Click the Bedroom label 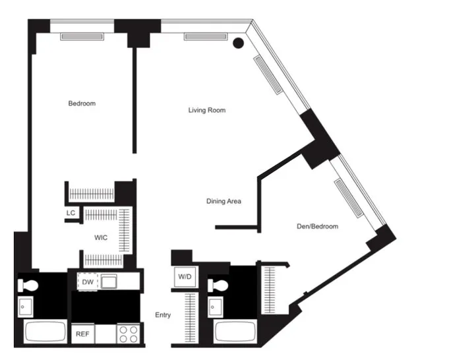click(x=82, y=104)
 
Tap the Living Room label click(x=207, y=110)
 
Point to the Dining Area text click(x=224, y=201)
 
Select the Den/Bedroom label click(x=317, y=226)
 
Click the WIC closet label click(x=101, y=237)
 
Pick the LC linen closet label click(x=71, y=213)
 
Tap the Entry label click(x=163, y=315)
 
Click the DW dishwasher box click(x=87, y=282)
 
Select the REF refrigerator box click(x=82, y=334)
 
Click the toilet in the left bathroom click(x=29, y=285)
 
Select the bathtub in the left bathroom click(x=45, y=331)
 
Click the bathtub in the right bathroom click(x=235, y=332)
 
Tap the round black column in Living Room click(x=239, y=44)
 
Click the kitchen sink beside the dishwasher click(x=109, y=281)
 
